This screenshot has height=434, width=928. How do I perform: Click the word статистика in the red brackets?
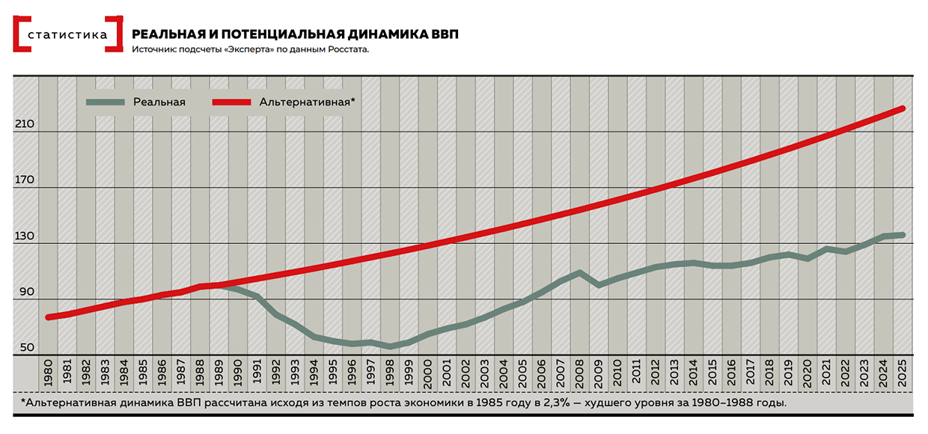67,34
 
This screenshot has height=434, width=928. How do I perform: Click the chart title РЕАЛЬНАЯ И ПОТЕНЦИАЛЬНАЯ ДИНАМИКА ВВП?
295,34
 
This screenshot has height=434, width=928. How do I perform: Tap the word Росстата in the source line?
347,49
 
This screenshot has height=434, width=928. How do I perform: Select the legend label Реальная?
159,102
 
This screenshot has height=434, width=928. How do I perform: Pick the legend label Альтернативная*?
307,102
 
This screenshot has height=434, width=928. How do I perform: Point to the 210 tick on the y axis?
24,124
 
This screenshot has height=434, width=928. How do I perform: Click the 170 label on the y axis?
24,180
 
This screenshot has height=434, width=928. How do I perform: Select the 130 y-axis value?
24,236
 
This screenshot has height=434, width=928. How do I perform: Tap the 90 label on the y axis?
26,292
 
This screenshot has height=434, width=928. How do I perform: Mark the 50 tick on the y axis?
26,347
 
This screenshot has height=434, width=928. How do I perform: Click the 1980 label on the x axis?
49,373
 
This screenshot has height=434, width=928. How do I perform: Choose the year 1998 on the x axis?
390,373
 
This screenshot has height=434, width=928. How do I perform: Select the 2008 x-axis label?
580,373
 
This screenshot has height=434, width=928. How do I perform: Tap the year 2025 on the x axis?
903,373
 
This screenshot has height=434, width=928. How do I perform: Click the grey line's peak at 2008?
580,272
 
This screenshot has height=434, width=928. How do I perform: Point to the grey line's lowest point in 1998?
390,346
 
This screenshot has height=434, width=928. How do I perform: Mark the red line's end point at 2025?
903,109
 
